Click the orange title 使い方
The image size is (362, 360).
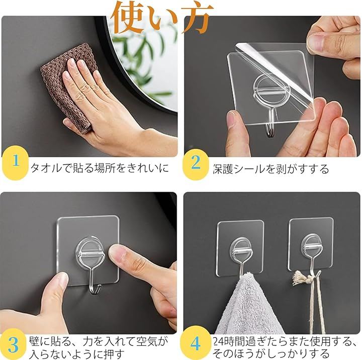pos(162,17)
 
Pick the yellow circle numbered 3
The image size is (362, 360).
pos(13,344)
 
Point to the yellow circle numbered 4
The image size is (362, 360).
pos(196,343)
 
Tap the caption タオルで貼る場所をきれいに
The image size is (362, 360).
pos(100,167)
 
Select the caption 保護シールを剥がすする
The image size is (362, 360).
pos(270,169)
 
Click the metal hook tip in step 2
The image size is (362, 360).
pos(270,132)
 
